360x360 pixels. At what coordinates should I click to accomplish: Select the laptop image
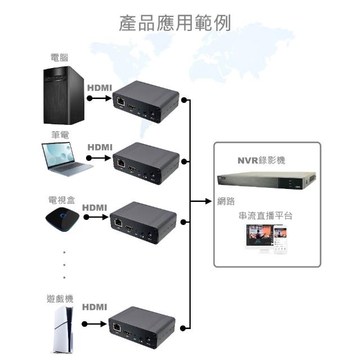click(64, 159)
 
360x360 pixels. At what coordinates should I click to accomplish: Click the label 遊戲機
click(60, 299)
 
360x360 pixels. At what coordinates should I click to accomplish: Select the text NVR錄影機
click(261, 160)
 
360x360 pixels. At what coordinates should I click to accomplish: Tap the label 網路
click(226, 201)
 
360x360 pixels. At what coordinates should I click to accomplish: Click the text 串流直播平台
click(266, 215)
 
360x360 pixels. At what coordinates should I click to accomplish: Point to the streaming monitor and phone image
click(267, 240)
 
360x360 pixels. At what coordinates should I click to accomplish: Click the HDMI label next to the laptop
click(100, 147)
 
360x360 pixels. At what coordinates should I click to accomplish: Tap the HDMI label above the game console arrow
click(94, 307)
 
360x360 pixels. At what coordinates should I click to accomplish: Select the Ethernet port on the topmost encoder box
click(120, 102)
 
